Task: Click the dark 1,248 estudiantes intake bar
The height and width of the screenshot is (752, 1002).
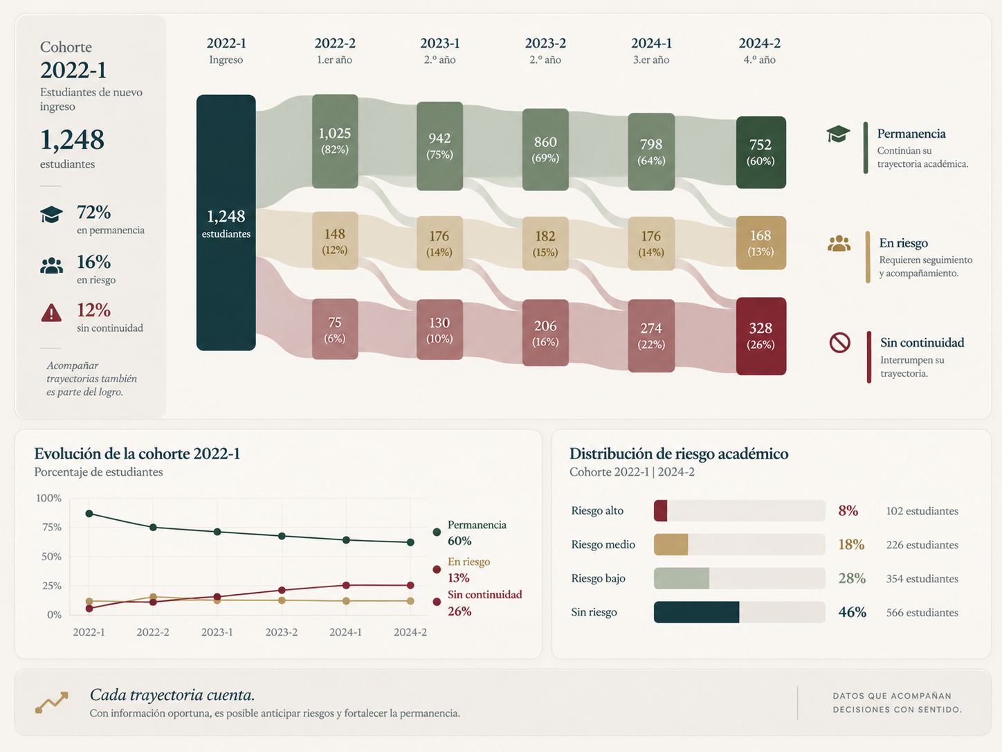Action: point(226,223)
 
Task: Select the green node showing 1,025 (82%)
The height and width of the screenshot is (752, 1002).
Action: point(335,141)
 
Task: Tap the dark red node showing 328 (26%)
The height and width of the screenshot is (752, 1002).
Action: point(761,336)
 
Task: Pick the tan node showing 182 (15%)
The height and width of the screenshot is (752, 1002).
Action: point(545,243)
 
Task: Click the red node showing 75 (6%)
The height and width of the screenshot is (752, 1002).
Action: point(335,329)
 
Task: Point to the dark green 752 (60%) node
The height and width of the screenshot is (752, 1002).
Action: point(761,152)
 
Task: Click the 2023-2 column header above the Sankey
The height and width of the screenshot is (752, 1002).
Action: point(545,44)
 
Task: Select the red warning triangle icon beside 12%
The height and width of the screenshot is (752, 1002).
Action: point(51,313)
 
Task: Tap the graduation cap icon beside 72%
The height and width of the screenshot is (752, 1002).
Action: point(51,214)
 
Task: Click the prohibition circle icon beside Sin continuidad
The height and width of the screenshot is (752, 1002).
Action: point(839,343)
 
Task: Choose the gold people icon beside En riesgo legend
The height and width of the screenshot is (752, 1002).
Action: point(839,243)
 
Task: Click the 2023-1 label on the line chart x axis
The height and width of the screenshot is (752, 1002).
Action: point(217,632)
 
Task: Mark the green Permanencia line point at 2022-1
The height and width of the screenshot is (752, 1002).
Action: point(89,514)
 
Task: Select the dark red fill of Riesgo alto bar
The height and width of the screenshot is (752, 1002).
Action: point(661,510)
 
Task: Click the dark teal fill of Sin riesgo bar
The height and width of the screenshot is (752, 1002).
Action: point(697,612)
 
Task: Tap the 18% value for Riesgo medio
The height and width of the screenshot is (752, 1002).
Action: point(851,544)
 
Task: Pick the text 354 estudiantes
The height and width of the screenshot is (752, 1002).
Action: point(922,578)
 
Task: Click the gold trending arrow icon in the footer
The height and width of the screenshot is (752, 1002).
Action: point(52,701)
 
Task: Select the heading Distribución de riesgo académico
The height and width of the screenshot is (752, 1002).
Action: point(679,454)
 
